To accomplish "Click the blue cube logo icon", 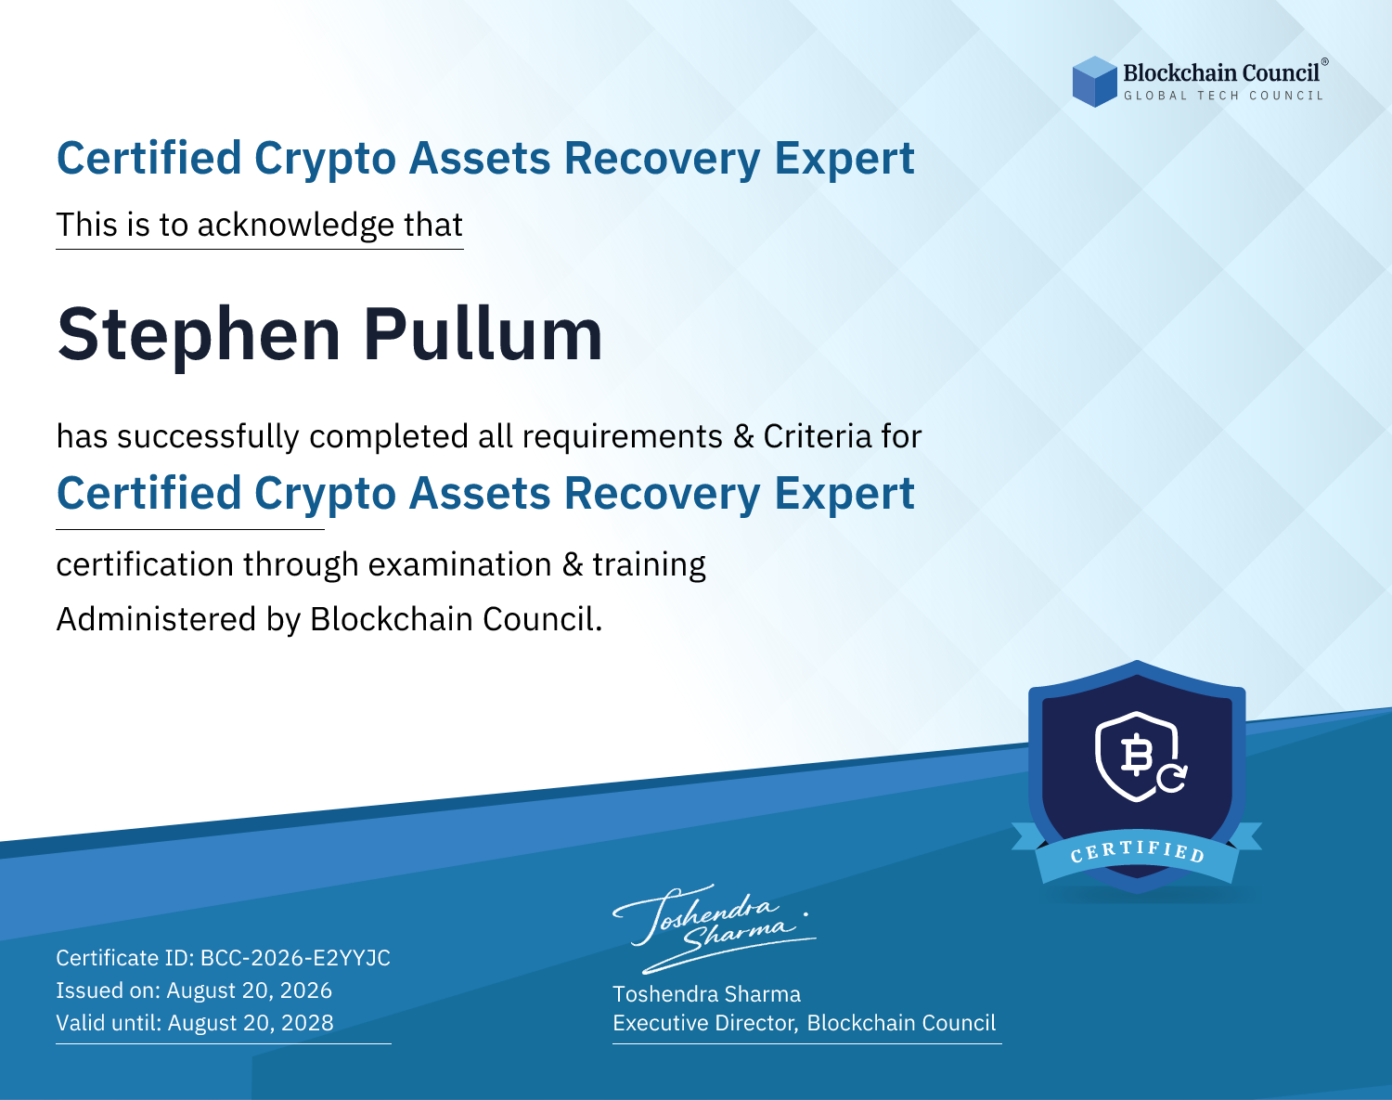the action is tap(1094, 82).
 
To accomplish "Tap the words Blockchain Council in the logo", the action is tap(1221, 72).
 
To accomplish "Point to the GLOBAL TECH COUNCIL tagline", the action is tap(1224, 96).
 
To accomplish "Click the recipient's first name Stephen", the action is tap(199, 336).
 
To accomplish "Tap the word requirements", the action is tap(622, 437).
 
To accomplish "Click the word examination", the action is tap(459, 564).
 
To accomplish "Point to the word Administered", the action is tap(156, 619).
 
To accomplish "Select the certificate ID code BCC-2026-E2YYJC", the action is tap(295, 958).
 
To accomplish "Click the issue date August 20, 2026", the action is tap(249, 990).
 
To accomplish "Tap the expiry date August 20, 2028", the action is tap(251, 1023).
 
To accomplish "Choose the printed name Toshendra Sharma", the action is tap(706, 994).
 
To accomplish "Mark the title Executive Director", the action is tap(704, 1023).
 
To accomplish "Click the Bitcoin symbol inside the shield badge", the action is tap(1136, 755).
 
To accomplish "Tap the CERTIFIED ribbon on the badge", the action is tap(1137, 853).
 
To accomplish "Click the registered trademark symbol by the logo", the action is tap(1325, 62).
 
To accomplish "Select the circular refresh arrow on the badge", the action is tap(1171, 777).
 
